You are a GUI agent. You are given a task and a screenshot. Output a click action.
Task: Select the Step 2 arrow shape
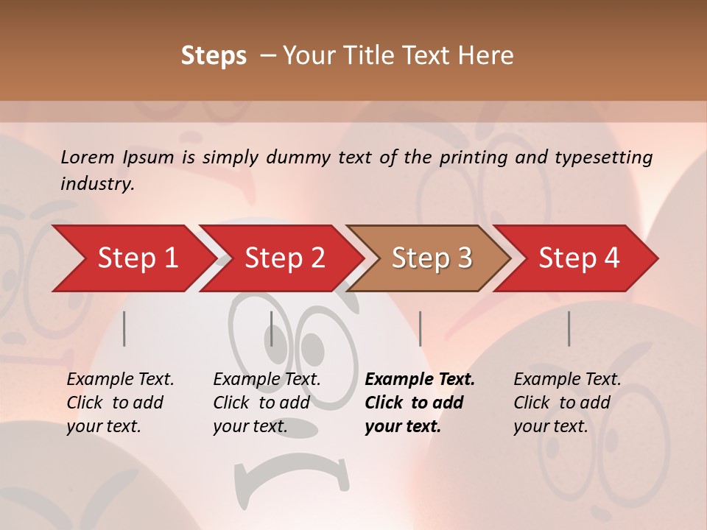click(x=281, y=258)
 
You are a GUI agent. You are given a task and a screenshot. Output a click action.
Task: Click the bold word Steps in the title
click(x=214, y=55)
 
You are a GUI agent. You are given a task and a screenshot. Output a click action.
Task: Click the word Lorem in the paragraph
click(x=88, y=157)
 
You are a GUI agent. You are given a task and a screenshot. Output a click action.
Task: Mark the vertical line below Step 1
click(x=124, y=328)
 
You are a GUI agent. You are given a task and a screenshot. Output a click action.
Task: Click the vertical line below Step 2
click(x=272, y=328)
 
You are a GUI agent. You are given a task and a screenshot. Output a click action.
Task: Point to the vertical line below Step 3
click(x=420, y=328)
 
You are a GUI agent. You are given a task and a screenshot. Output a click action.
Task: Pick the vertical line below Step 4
click(x=569, y=328)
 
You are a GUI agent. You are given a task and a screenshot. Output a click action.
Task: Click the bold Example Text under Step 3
click(x=420, y=379)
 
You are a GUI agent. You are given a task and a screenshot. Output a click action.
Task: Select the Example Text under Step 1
click(x=120, y=379)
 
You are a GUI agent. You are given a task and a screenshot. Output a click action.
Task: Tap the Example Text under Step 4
click(x=567, y=379)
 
